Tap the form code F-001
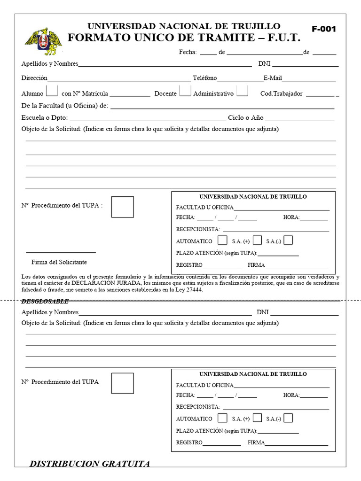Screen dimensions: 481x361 (324, 29)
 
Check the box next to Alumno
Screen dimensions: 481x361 (53, 90)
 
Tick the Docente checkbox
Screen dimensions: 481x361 (185, 90)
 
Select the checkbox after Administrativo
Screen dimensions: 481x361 (242, 90)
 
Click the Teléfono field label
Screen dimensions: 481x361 (204, 78)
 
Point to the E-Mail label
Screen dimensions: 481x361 (273, 78)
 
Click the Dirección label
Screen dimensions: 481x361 (34, 78)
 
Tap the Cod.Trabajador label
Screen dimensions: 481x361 (281, 93)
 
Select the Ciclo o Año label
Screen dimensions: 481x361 (245, 118)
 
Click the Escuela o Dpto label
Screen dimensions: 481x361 (44, 118)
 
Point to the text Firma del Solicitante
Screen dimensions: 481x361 (59, 262)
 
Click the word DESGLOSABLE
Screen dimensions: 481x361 (45, 301)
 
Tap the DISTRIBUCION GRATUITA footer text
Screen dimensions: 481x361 (90, 464)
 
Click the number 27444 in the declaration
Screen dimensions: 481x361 (194, 290)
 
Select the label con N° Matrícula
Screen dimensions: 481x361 (85, 93)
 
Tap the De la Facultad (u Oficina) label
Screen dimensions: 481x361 (65, 106)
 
